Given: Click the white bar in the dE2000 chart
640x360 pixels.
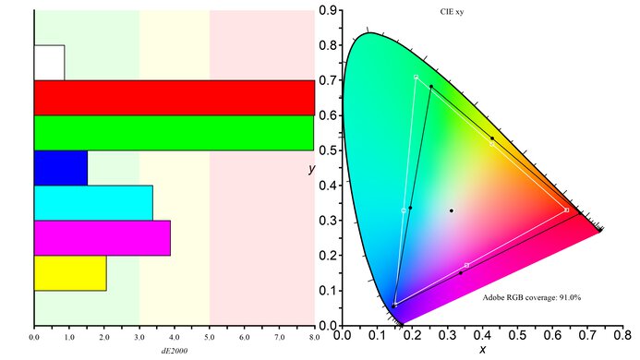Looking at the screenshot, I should pyautogui.click(x=49, y=62).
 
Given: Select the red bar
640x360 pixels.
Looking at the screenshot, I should pyautogui.click(x=174, y=97).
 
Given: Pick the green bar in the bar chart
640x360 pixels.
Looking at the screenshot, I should pyautogui.click(x=174, y=132).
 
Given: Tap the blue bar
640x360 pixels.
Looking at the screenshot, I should pyautogui.click(x=61, y=167).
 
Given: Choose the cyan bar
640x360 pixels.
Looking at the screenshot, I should pyautogui.click(x=93, y=202).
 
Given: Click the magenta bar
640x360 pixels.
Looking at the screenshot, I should pyautogui.click(x=102, y=237).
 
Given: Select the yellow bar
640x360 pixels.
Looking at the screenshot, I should pyautogui.click(x=70, y=272).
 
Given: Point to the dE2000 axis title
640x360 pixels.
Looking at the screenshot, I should pyautogui.click(x=175, y=351).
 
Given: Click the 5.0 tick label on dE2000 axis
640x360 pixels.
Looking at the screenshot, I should pyautogui.click(x=210, y=338).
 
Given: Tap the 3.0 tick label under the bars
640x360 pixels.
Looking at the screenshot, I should pyautogui.click(x=139, y=338).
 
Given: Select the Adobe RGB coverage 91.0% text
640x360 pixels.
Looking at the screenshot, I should pyautogui.click(x=531, y=298).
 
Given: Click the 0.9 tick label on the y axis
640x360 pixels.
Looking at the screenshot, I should pyautogui.click(x=328, y=10).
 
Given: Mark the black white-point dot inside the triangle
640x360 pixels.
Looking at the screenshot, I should pyautogui.click(x=452, y=210).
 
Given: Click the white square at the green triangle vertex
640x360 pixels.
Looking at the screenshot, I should pyautogui.click(x=417, y=77).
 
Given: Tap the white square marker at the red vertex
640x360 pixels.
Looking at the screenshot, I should pyautogui.click(x=566, y=210).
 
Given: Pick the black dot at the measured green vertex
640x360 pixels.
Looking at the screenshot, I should pyautogui.click(x=431, y=87).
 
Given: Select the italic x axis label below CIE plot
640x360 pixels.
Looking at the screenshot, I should pyautogui.click(x=481, y=351).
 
